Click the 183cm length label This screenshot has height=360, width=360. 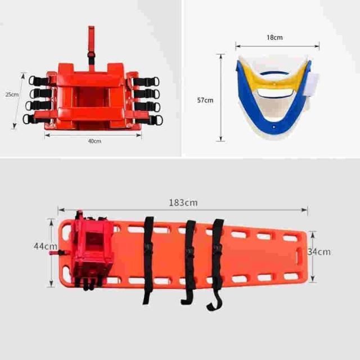(x=183, y=202)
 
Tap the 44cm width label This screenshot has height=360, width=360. (x=46, y=246)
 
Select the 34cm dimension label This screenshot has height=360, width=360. (x=319, y=252)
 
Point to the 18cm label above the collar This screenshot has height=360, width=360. (x=274, y=38)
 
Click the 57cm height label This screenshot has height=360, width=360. (x=205, y=100)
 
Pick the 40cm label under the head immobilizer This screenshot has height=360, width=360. (x=94, y=141)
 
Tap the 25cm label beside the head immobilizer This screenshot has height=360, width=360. (x=12, y=94)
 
